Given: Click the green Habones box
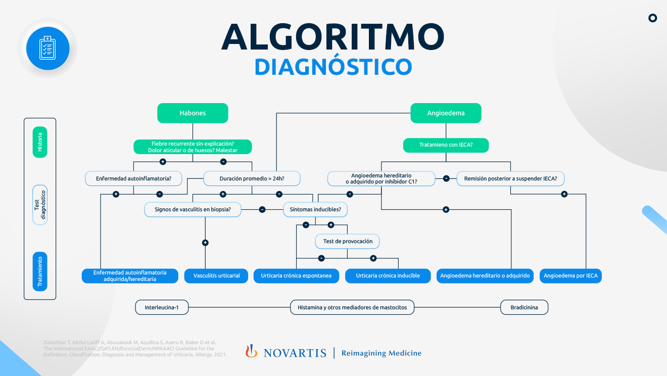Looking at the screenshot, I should point(193,113).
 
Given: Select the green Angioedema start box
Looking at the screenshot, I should point(446,113).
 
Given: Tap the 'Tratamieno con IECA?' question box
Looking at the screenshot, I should point(446,145).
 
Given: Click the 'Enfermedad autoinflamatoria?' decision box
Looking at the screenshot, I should point(133,178).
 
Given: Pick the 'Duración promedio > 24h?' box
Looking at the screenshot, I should point(252,178).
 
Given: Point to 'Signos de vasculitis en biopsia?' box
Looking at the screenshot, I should point(193,209).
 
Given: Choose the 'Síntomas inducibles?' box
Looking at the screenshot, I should point(315,209).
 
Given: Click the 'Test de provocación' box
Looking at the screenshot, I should point(347,241).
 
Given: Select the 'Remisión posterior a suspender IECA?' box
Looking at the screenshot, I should point(510,178).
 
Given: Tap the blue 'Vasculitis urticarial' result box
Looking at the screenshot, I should point(217,275).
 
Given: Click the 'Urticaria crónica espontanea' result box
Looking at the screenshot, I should point(296,275).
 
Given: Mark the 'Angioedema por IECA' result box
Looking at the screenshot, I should point(570,275).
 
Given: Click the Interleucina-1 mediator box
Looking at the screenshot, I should point(162,307).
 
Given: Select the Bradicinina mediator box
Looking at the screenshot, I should point(524,307).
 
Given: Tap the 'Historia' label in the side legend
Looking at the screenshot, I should point(40,142).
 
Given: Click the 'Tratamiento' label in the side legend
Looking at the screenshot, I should point(40,271).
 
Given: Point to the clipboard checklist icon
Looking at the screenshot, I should point(47,48).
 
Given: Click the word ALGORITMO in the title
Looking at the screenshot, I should point(332,37).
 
